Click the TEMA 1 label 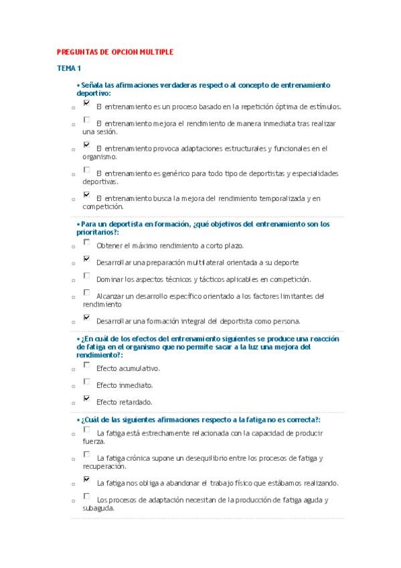68,68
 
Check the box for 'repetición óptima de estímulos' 86,104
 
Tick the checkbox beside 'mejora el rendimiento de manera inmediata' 86,121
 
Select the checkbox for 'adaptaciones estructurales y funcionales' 86,145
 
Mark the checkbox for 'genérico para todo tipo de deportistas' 86,170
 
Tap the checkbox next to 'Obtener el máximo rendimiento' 86,243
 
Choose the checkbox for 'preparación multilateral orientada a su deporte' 86,259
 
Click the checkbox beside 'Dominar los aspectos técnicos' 86,276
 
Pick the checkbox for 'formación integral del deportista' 86,317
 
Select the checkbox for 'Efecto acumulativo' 86,366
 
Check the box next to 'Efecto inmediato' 86,382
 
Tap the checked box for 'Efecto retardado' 86,399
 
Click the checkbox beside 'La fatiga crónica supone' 86,455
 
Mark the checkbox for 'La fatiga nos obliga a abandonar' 86,480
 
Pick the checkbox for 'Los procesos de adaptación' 86,496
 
